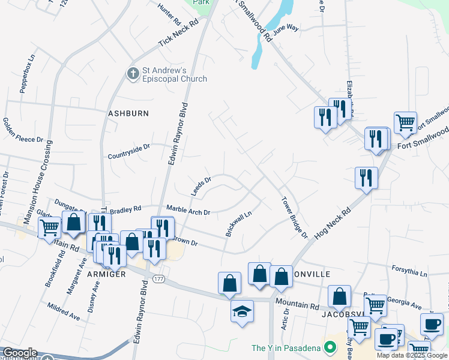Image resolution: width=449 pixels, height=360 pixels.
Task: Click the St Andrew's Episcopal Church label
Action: click(174, 74)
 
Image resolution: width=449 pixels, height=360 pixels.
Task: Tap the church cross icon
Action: click(133, 73)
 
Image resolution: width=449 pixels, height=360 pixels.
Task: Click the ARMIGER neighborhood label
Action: click(106, 274)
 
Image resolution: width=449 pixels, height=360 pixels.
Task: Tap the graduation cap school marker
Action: click(243, 311)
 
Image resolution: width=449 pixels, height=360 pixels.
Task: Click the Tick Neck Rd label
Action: click(178, 34)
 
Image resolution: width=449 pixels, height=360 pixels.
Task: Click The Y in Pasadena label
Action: click(286, 348)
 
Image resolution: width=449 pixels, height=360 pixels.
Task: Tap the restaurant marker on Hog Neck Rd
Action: click(366, 178)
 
